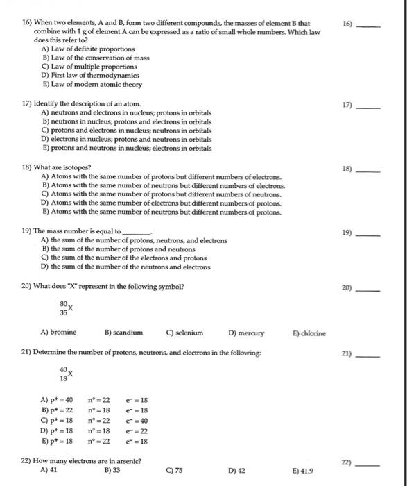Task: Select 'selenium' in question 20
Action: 185,333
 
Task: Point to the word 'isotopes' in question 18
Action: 76,168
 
